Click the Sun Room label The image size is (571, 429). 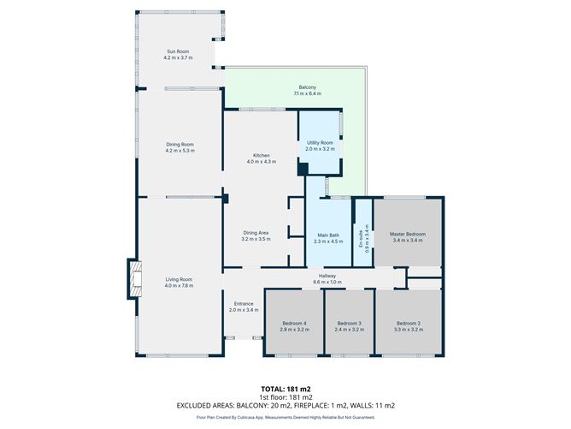[180, 53]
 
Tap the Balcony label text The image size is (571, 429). [308, 87]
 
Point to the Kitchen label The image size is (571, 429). [261, 156]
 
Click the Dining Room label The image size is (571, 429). [180, 145]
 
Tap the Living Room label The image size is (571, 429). [180, 279]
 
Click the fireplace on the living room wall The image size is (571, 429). [133, 279]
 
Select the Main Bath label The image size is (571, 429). [329, 234]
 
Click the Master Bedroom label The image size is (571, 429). [408, 234]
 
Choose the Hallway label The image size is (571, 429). [328, 276]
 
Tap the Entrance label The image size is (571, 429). [243, 304]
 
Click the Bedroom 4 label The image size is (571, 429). [294, 324]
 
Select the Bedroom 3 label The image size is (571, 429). [349, 324]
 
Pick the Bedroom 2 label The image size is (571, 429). [408, 324]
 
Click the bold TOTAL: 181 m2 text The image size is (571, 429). [285, 389]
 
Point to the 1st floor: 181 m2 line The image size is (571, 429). [285, 397]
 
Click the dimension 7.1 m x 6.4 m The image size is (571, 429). [308, 93]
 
